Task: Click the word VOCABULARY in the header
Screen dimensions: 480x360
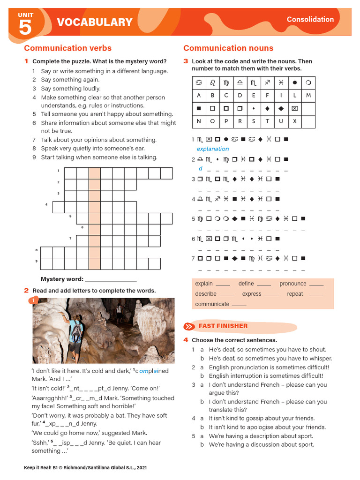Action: point(95,22)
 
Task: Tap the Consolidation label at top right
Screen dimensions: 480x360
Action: point(310,19)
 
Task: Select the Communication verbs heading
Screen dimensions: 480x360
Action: point(68,48)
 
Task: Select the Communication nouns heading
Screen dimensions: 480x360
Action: point(228,48)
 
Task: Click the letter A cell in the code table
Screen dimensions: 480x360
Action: point(199,95)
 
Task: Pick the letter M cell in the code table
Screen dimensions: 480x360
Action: point(308,95)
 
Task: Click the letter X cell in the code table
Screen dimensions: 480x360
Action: point(294,121)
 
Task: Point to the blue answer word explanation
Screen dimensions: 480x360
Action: point(213,149)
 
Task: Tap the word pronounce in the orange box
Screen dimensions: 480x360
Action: point(292,284)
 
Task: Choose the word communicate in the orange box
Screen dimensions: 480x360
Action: point(212,304)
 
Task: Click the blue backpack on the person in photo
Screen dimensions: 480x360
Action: point(76,333)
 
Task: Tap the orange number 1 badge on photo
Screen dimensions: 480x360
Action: point(33,300)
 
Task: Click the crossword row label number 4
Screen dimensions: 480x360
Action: point(46,205)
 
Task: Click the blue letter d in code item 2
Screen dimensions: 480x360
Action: point(200,168)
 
